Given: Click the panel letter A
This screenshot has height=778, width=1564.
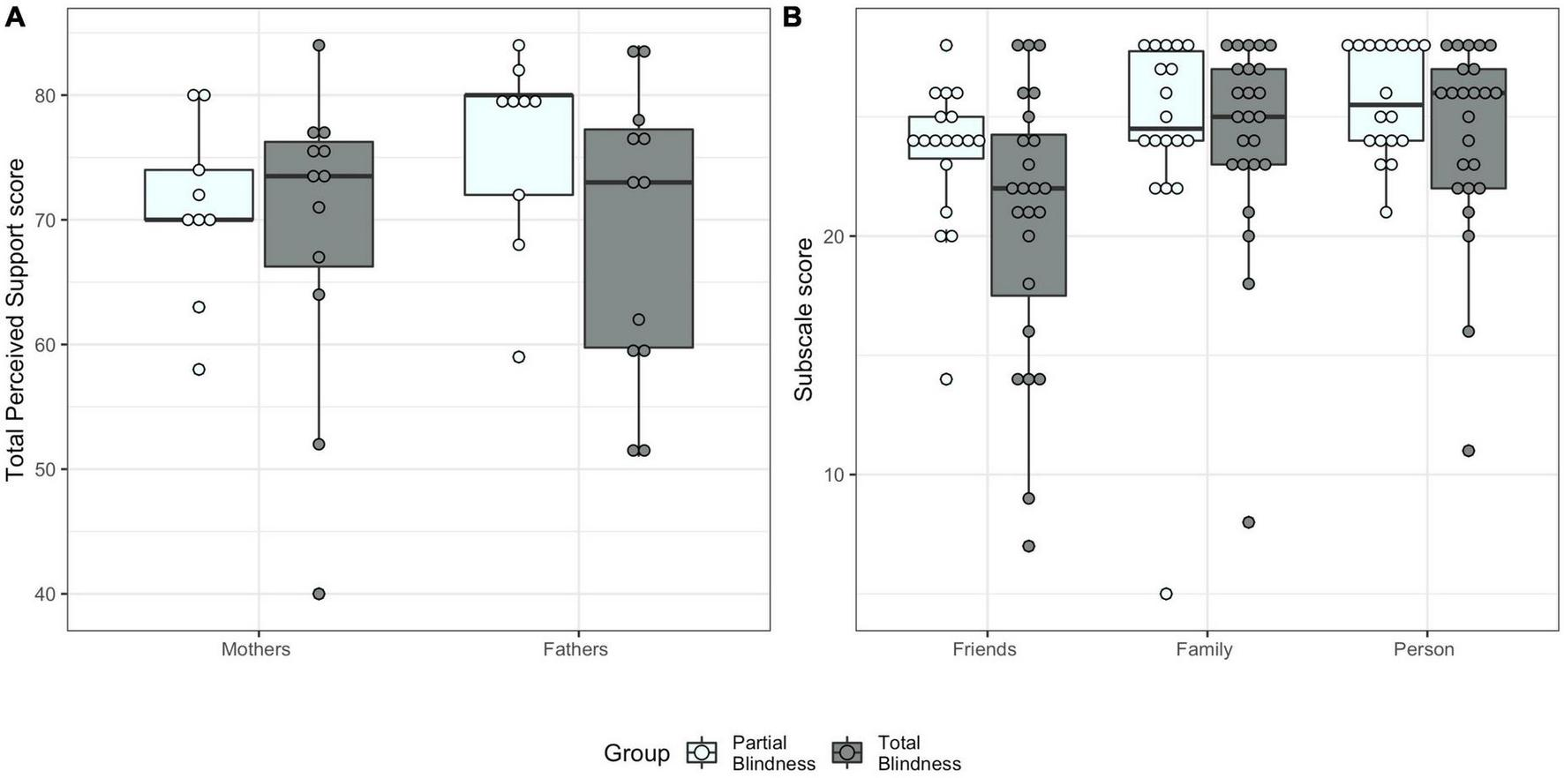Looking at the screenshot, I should coord(15,17).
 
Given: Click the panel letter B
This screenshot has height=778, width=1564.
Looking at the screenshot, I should coord(792,17).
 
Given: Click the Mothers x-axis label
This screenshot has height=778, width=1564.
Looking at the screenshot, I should coord(255,650).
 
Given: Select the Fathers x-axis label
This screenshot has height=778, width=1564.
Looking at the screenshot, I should coord(575,650).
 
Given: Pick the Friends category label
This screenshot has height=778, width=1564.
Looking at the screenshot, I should coord(984,650).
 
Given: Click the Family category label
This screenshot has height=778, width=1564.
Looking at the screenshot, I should coord(1204,650).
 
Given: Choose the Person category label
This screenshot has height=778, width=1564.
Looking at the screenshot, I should coord(1423,650).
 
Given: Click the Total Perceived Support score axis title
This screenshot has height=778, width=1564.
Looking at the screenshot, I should coord(15,320).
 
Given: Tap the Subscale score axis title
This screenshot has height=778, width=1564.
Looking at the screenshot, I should coord(803,320).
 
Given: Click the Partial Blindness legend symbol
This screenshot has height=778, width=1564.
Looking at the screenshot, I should coord(703,753).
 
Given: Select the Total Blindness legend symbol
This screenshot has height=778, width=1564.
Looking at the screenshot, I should coord(847,753).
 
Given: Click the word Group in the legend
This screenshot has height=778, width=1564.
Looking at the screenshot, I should coord(636,753).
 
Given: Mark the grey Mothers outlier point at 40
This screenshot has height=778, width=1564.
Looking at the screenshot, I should coord(319,594).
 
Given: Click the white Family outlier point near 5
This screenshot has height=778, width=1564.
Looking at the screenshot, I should coord(1166,594).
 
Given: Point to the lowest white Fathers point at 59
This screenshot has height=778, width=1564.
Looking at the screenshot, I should coord(519,357).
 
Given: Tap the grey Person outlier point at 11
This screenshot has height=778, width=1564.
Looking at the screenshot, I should coord(1469,451).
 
